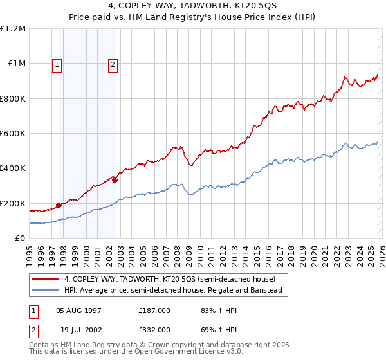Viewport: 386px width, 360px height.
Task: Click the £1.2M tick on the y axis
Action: (13, 29)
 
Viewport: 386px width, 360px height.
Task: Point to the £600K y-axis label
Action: (13, 134)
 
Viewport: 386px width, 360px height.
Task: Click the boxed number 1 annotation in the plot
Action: (57, 64)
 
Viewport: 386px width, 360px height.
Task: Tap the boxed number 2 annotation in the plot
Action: (113, 64)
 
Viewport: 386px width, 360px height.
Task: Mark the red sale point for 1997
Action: (59, 206)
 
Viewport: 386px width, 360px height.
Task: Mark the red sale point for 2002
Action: (115, 181)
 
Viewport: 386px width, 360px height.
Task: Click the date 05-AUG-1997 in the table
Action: (79, 310)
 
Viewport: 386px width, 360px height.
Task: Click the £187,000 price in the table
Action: (154, 310)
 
